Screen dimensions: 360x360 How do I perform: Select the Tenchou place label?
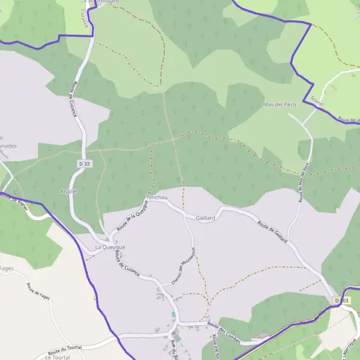157,197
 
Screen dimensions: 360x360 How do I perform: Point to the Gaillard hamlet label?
205,218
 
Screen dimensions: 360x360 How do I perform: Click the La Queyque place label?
110,247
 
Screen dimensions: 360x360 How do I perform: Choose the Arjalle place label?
68,191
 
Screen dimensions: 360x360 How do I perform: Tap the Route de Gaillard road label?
272,232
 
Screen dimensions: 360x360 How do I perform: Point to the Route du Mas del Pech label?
302,184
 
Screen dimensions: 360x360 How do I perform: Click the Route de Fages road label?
37,292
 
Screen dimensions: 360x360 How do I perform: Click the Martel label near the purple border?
317,98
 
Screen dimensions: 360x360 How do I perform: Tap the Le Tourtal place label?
58,357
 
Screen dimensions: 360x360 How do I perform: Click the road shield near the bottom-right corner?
341,300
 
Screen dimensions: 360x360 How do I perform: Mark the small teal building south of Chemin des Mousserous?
173,314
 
